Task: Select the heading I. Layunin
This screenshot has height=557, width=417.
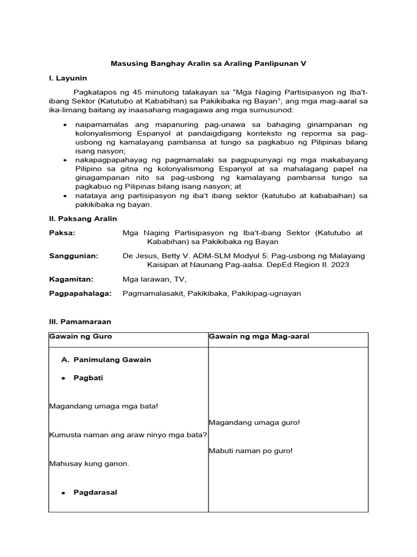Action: [68, 78]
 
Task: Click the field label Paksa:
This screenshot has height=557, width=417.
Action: [62, 233]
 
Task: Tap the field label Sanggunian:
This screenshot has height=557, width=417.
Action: [73, 256]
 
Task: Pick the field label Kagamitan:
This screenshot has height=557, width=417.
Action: [71, 279]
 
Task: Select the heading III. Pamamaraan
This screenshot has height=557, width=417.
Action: [80, 322]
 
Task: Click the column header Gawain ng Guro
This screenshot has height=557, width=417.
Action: [80, 337]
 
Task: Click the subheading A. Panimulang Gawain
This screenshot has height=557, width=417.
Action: [106, 360]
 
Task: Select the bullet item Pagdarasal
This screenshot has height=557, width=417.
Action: [95, 492]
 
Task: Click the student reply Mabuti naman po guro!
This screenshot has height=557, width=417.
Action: [250, 450]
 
